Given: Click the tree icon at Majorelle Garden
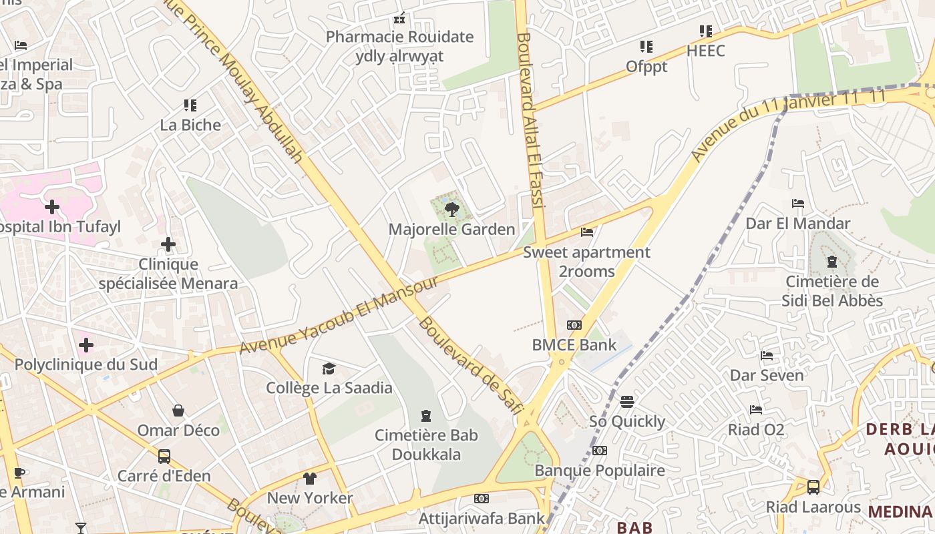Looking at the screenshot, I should click(x=452, y=210).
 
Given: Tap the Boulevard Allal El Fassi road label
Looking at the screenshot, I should click(x=530, y=120).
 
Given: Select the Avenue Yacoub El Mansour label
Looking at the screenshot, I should click(x=339, y=314).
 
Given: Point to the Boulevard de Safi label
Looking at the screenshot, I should click(x=470, y=366).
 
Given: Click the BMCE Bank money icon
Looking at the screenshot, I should click(x=574, y=325).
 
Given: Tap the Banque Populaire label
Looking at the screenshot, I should click(x=600, y=471).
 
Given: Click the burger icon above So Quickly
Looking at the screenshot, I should click(x=626, y=402).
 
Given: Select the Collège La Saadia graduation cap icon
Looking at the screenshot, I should click(x=329, y=368).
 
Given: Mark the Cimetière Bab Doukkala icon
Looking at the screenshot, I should click(x=426, y=417).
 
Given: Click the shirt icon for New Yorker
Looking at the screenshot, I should click(x=310, y=478).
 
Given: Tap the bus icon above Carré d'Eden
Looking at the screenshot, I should click(x=164, y=457).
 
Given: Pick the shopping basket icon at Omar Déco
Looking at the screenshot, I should click(x=178, y=410).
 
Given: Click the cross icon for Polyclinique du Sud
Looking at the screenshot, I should click(x=86, y=345).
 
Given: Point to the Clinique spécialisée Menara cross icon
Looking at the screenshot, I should click(x=168, y=245).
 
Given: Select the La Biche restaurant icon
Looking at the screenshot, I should click(x=190, y=105).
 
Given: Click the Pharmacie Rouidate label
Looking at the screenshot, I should click(x=399, y=37).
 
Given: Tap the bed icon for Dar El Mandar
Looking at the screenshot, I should click(x=797, y=204).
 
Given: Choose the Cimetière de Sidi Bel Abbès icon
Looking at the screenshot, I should click(x=832, y=262).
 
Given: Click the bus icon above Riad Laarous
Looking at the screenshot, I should click(x=813, y=487).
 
